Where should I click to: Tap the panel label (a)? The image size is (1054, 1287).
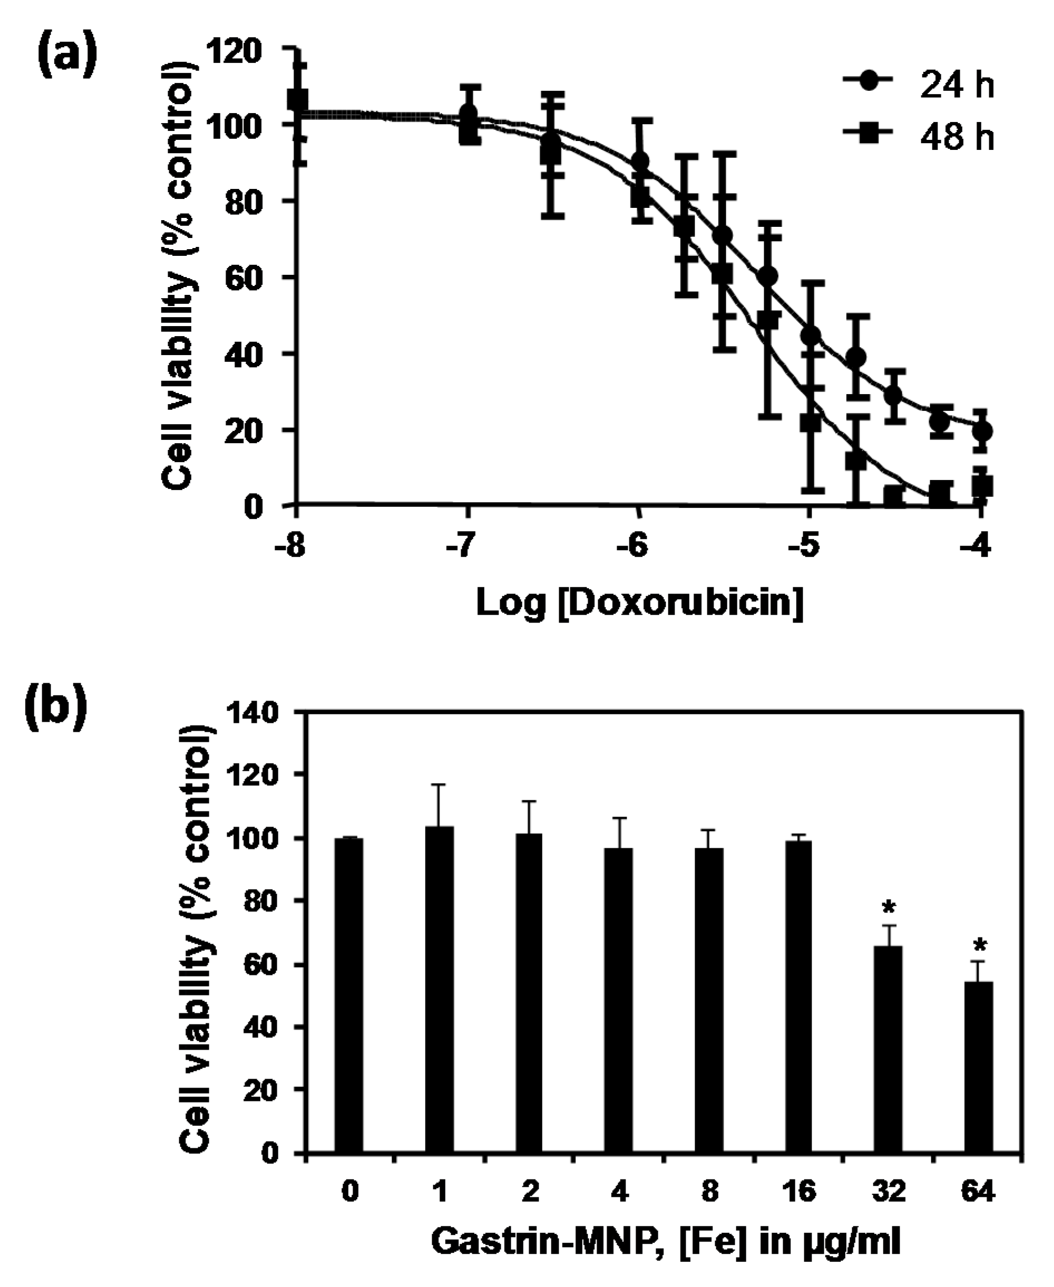67,56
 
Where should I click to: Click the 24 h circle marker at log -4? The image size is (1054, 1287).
982,431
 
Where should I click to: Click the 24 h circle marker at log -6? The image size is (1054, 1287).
640,162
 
